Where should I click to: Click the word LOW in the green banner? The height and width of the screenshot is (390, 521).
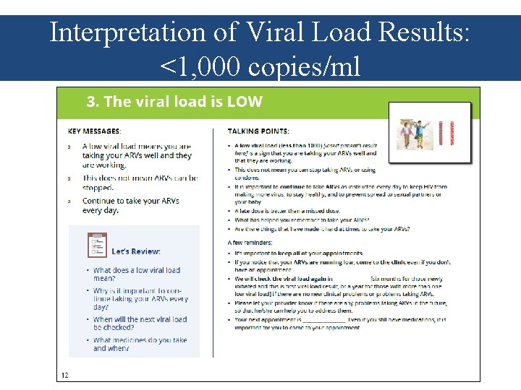click(245, 102)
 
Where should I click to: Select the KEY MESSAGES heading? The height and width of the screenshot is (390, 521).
click(95, 131)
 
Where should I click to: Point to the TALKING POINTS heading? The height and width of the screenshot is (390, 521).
click(258, 131)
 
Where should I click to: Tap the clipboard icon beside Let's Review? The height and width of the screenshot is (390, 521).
click(98, 245)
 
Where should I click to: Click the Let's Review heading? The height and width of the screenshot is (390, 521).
click(136, 251)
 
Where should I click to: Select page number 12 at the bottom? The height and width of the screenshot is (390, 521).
click(65, 374)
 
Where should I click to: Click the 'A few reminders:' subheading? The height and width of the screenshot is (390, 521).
click(250, 243)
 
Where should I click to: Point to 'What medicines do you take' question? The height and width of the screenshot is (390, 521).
click(140, 339)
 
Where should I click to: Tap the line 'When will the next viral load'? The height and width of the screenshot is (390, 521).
click(140, 319)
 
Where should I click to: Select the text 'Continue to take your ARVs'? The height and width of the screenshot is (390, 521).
click(131, 201)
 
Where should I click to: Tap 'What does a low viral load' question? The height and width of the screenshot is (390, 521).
click(137, 270)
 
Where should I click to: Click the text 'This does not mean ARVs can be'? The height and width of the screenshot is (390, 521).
click(140, 178)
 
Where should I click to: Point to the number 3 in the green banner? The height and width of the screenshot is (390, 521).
click(91, 102)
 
